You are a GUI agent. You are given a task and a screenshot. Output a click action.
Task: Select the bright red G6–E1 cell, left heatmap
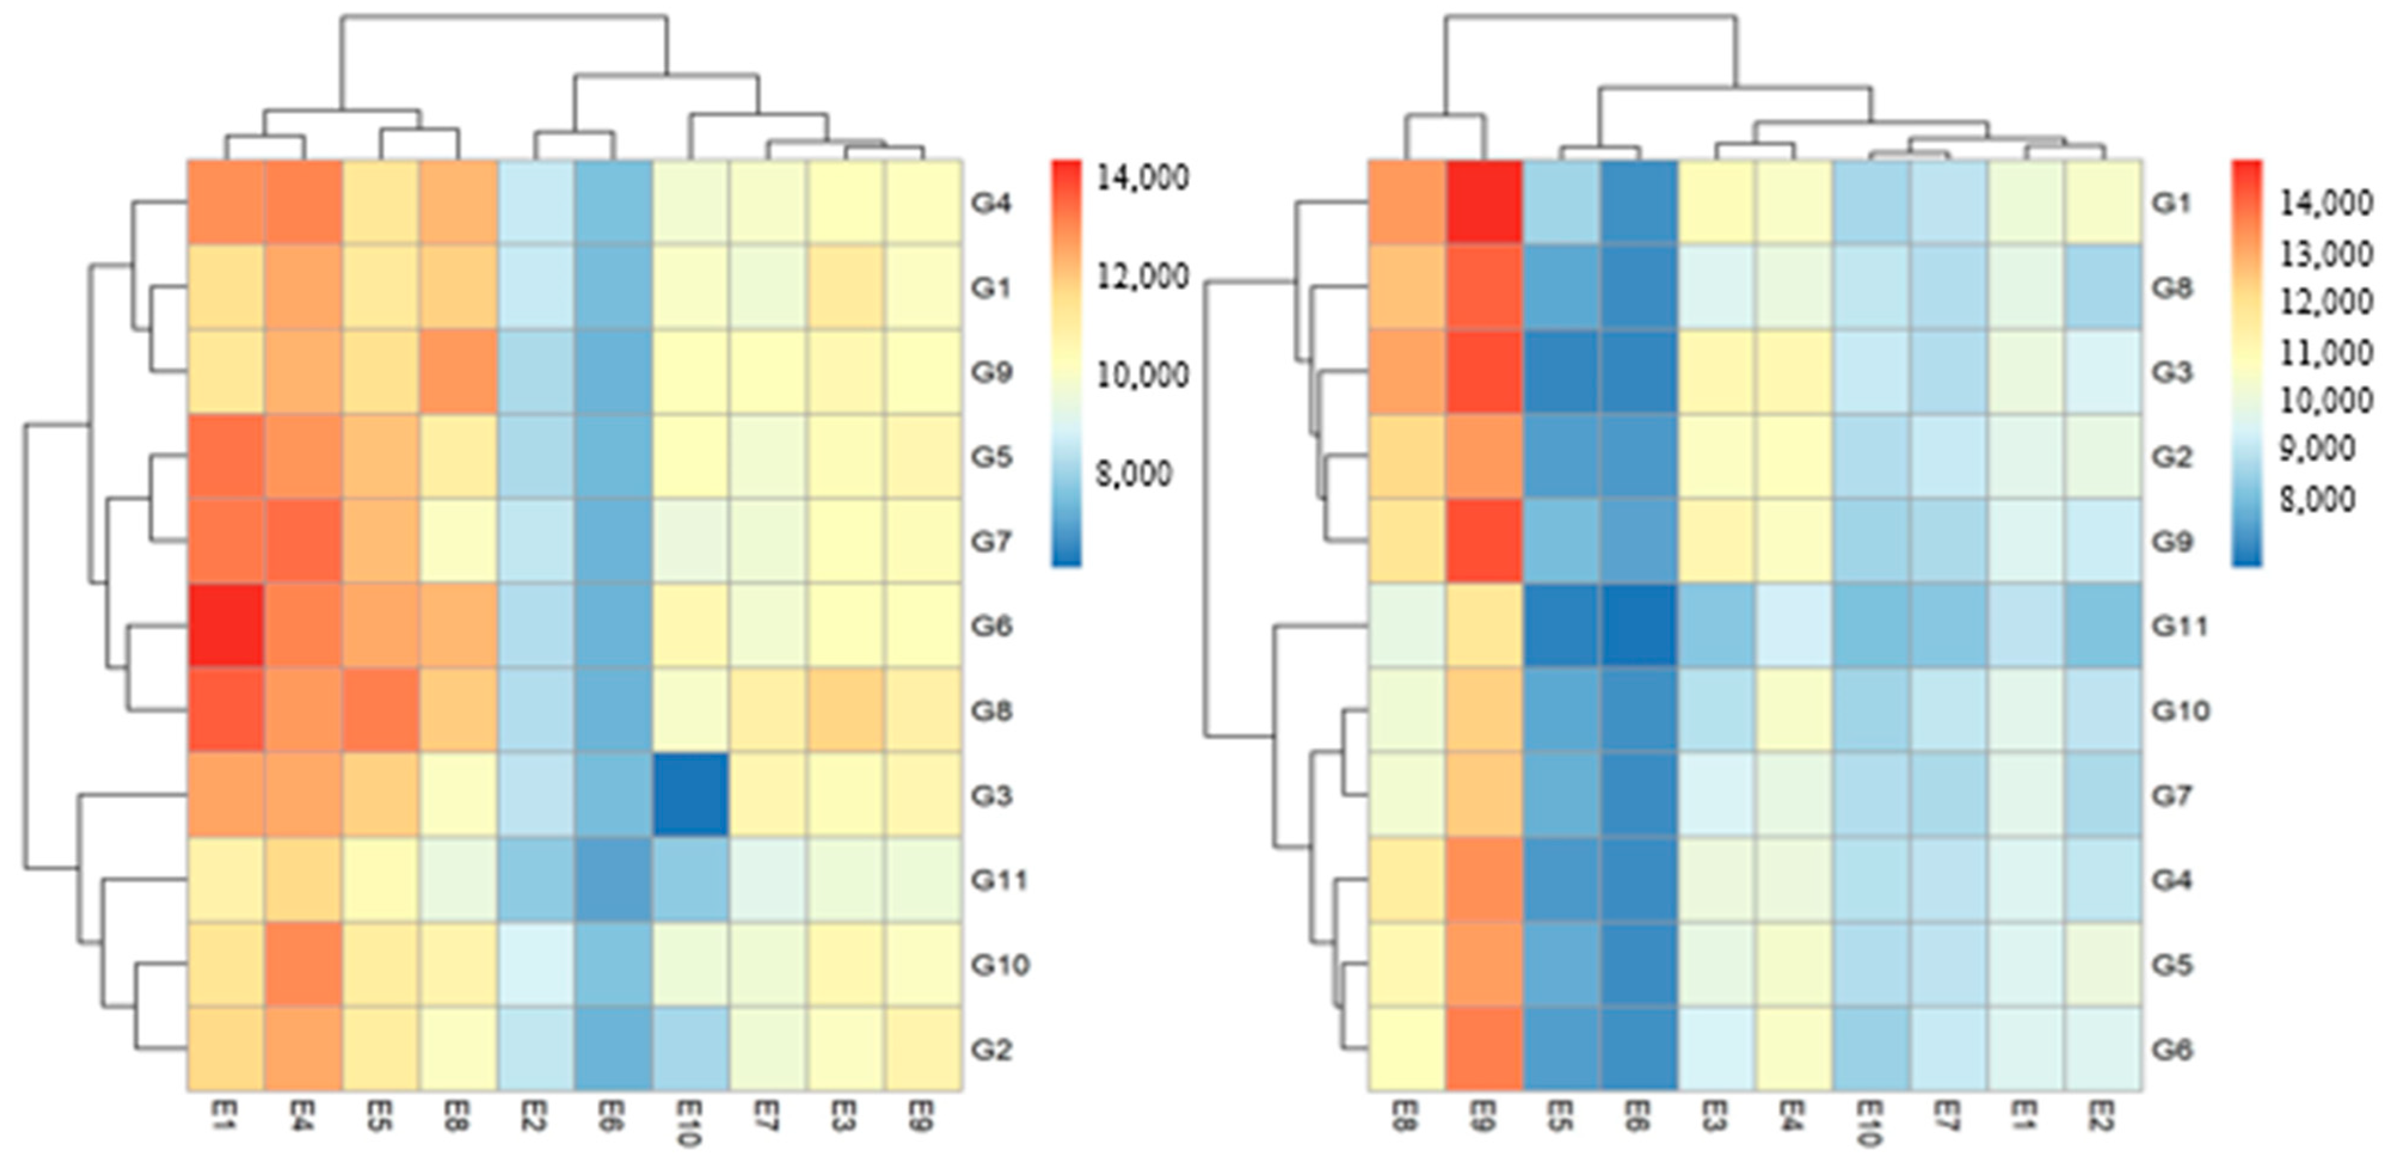tap(226, 625)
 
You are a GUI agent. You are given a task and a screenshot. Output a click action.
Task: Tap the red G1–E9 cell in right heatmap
tap(1484, 202)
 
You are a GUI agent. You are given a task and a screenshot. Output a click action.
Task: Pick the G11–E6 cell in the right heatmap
tap(1639, 625)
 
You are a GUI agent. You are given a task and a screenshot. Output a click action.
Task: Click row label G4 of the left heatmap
tap(990, 202)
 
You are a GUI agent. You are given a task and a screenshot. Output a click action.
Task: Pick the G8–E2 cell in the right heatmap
tap(2103, 287)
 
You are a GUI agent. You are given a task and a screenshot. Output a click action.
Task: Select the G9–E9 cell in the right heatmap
tap(1484, 541)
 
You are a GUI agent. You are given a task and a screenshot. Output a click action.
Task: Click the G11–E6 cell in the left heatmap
tap(612, 879)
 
